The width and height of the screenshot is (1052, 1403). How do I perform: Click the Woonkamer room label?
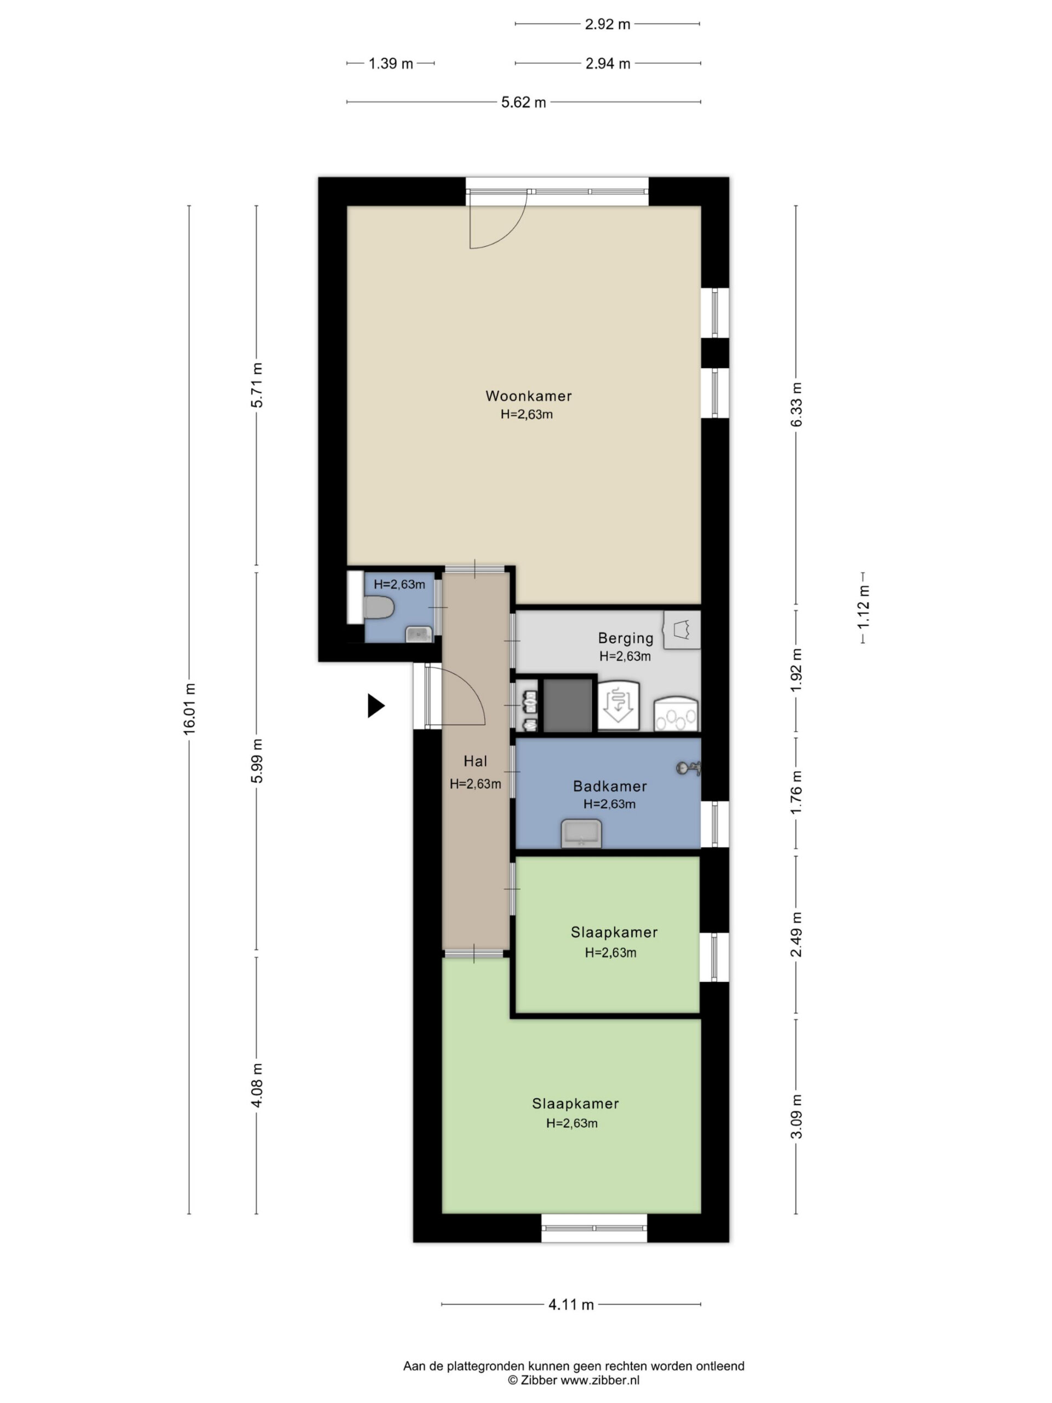point(528,396)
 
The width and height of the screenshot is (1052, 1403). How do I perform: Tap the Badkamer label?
point(609,786)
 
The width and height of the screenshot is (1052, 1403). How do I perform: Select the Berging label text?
point(625,638)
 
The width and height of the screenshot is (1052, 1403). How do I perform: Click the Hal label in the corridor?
point(475,761)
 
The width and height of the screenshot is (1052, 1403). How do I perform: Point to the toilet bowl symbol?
point(379,608)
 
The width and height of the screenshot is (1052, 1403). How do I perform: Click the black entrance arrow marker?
point(376,705)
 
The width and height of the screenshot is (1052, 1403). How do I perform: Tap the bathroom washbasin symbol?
point(581,834)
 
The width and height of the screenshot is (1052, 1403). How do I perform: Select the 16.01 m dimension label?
point(189,709)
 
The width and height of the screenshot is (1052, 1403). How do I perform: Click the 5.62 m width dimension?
point(523,102)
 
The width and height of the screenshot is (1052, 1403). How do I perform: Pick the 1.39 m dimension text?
point(391,64)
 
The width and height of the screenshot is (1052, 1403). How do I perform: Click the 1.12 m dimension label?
point(863,608)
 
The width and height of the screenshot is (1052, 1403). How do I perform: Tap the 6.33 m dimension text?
point(796,404)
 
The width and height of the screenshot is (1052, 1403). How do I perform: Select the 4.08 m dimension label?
point(256,1085)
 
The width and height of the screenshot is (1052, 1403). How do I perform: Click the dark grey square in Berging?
point(568,705)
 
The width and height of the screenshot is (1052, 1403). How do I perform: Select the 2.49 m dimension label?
point(796,934)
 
